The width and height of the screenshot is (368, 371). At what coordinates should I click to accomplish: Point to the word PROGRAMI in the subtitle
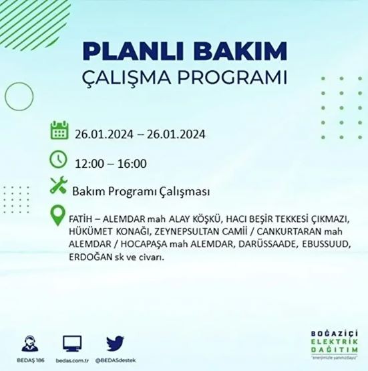234,78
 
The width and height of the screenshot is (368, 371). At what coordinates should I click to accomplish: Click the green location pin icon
59,217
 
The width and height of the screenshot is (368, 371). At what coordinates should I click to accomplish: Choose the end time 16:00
133,162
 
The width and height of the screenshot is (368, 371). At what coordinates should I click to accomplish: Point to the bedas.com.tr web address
72,360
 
